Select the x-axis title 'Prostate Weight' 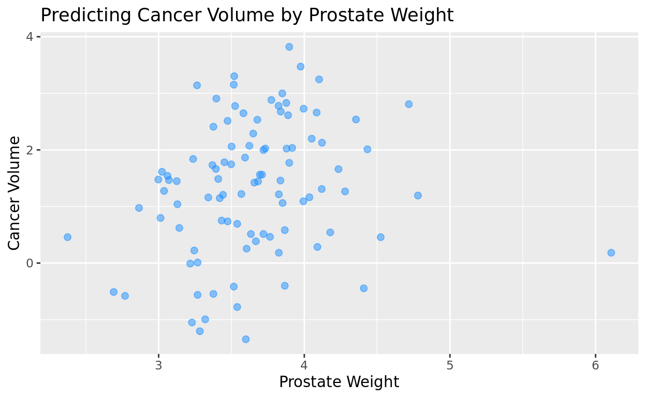[x=339, y=382]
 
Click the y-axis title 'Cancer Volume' [x=14, y=193]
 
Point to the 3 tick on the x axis [x=158, y=365]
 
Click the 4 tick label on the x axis [x=304, y=365]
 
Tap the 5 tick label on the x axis [x=450, y=365]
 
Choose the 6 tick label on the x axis [x=595, y=365]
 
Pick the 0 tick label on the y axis [x=30, y=263]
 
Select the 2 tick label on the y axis [x=30, y=150]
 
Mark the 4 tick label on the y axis [x=30, y=37]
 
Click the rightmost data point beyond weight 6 [x=611, y=252]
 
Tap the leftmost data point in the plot [x=67, y=237]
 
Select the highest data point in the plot [x=289, y=47]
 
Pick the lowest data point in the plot [x=246, y=339]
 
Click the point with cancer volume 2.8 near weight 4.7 [x=408, y=104]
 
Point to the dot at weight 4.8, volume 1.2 [x=418, y=195]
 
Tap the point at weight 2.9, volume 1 [x=139, y=208]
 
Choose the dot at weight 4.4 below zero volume [x=363, y=288]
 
